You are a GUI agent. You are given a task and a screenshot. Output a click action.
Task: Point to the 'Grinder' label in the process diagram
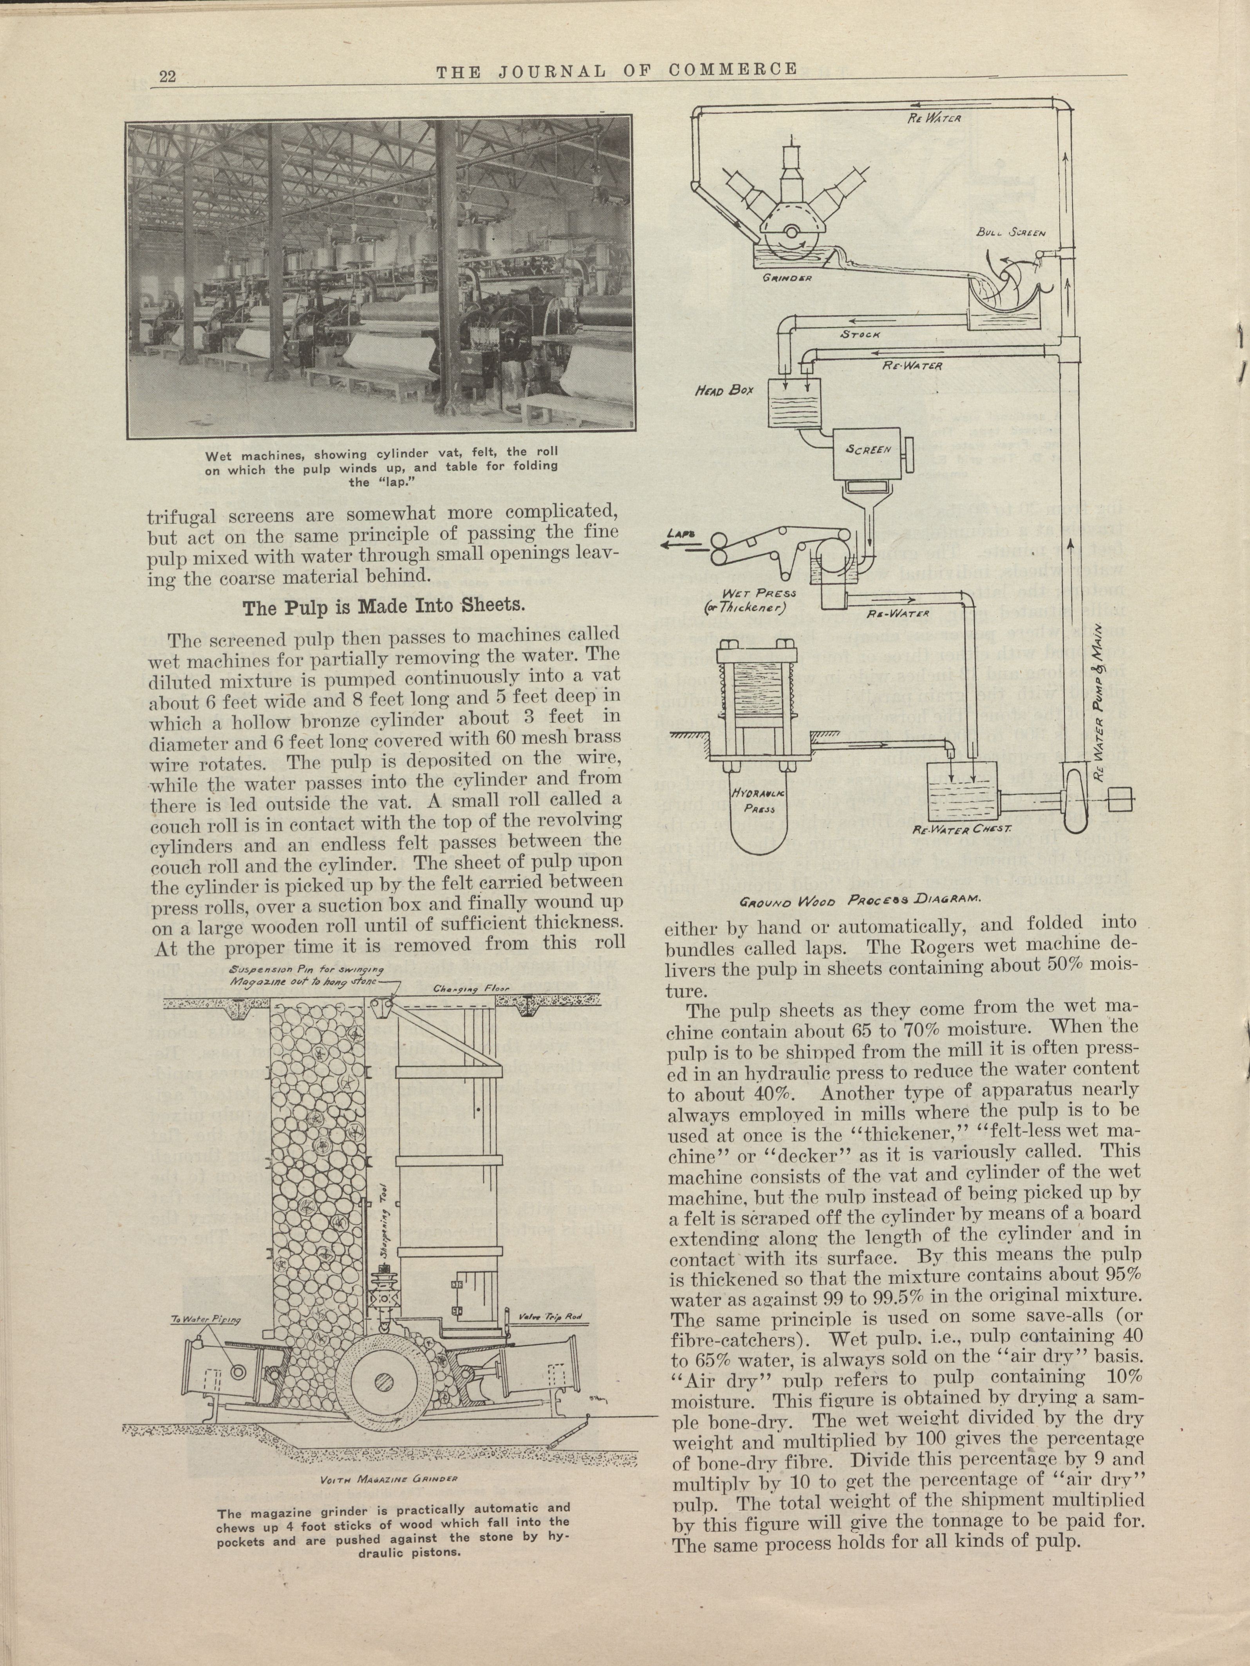coord(787,278)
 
